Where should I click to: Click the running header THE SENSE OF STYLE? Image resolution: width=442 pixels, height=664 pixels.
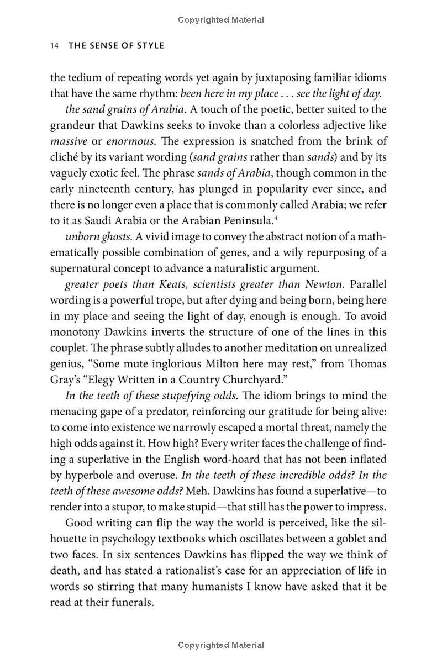pos(116,45)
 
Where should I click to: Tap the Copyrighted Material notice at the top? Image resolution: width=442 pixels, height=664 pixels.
pos(221,20)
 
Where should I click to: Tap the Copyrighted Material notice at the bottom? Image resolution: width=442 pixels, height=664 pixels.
pos(221,645)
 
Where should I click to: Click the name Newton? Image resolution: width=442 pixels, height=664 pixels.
pos(324,285)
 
